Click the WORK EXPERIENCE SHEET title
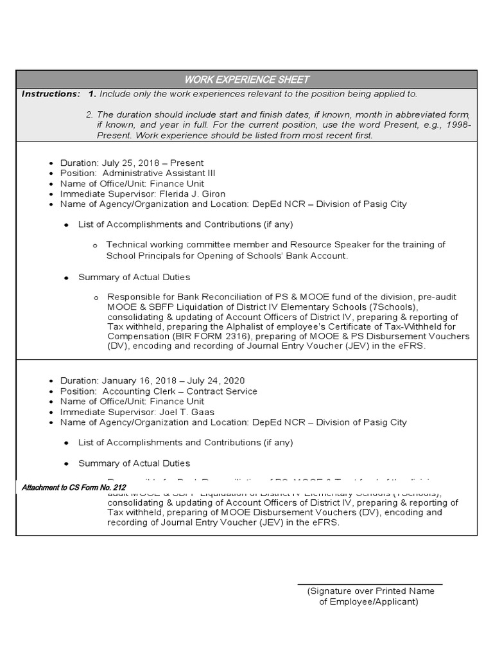[246, 80]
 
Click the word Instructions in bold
[51, 94]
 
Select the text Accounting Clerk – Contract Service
[180, 391]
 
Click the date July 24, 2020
[214, 381]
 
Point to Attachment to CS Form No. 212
[74, 488]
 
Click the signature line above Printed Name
[370, 584]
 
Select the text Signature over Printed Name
[371, 591]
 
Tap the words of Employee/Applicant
[368, 602]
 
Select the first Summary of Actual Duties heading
[134, 277]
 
